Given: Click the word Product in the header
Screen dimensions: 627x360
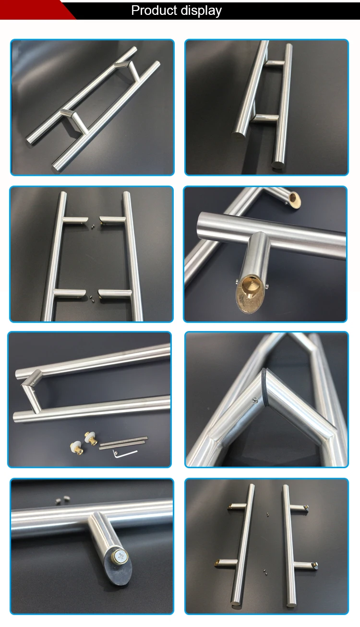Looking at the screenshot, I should (x=153, y=11).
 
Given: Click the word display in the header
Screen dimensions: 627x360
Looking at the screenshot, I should (x=199, y=11).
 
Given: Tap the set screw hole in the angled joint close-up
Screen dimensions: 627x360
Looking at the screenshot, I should (x=252, y=397).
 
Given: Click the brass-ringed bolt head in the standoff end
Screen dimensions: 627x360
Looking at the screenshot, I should (x=120, y=557).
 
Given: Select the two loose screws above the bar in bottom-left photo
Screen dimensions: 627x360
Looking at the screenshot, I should (x=62, y=500).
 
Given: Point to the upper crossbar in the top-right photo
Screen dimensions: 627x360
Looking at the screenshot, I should (x=275, y=63).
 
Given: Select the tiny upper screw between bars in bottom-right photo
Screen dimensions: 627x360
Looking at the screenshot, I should (x=267, y=515).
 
